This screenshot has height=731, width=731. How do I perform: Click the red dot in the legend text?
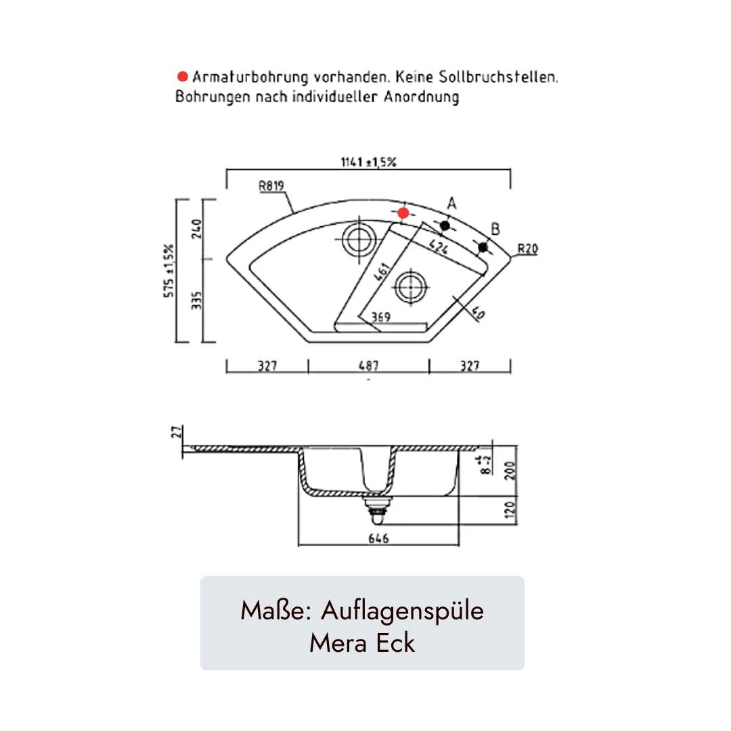point(183,76)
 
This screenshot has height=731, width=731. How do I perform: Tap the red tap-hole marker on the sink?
point(403,213)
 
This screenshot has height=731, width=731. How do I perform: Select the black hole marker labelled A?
point(445,225)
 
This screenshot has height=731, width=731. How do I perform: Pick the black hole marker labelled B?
point(483,247)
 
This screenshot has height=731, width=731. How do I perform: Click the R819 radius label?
point(271,185)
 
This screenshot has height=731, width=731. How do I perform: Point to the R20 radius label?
point(528,249)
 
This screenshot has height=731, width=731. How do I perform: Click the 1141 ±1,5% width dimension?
point(368,162)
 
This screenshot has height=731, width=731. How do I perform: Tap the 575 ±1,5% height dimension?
point(169,271)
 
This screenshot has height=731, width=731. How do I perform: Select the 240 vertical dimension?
point(196,229)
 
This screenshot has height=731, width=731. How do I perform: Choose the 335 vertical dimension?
point(196,301)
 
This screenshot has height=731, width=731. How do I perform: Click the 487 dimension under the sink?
point(368,366)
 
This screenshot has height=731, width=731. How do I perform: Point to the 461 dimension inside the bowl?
point(382,272)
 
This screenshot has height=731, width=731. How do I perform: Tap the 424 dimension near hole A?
point(438,246)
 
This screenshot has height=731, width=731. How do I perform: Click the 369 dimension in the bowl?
point(380,317)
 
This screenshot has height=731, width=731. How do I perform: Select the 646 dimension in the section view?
point(378,539)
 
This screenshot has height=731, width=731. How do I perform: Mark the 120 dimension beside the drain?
point(510,510)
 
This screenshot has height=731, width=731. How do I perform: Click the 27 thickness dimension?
point(176,432)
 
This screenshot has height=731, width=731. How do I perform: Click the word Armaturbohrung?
point(250,77)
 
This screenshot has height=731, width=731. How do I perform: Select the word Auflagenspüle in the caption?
point(402,611)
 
